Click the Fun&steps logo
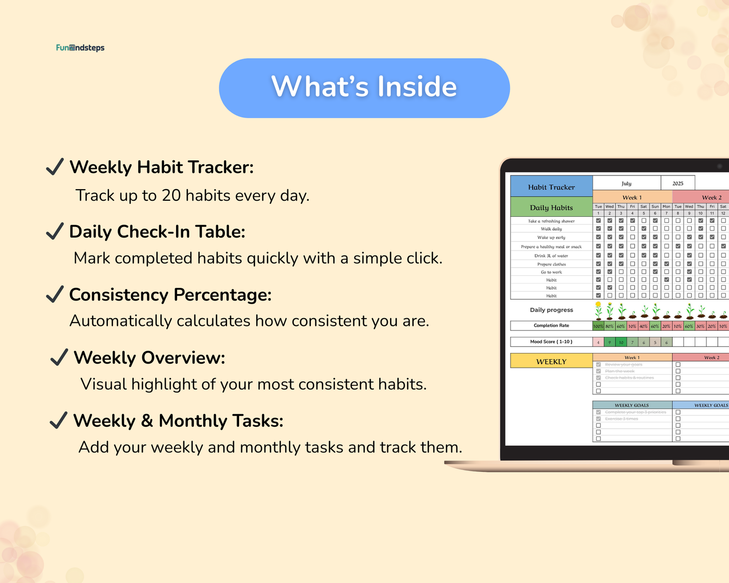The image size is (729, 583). point(80,48)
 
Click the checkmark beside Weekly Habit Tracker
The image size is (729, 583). point(54,167)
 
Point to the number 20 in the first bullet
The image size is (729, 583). point(171,196)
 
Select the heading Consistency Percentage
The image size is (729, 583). point(170,295)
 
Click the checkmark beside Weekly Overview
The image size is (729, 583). point(59,358)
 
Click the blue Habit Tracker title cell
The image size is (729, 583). point(551,187)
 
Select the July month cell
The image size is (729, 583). point(627,183)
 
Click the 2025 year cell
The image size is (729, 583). point(678,183)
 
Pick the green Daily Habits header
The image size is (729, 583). point(551,207)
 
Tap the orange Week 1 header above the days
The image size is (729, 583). point(632,197)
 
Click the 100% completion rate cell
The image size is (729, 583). point(598,326)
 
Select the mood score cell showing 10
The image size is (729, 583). point(621,342)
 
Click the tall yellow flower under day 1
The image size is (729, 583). point(598,310)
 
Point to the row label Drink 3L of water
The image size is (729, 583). point(551,256)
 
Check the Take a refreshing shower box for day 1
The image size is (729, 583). point(598,221)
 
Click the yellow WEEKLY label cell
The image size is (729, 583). point(551,361)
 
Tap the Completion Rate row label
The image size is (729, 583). point(551,325)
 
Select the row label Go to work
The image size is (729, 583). point(551,272)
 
